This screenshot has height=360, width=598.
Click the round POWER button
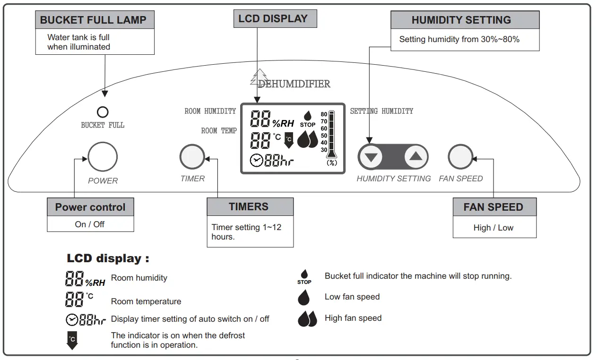[103, 157]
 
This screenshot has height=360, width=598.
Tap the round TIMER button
[192, 157]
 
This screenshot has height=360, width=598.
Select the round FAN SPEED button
[460, 157]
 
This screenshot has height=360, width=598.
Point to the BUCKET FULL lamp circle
[103, 112]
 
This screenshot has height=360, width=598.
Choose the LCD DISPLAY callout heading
[275, 19]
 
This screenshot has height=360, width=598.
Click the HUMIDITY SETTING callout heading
[461, 20]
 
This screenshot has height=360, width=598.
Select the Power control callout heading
[90, 207]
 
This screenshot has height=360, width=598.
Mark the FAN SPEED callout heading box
[494, 207]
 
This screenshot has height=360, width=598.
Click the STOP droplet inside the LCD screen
[307, 118]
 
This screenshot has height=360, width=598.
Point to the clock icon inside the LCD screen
[256, 161]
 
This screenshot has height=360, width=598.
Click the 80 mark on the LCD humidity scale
[324, 114]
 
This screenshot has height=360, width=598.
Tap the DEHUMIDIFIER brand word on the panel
[294, 84]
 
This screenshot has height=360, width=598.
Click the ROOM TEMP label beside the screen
[219, 131]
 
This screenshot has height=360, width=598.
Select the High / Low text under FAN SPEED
[494, 228]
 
